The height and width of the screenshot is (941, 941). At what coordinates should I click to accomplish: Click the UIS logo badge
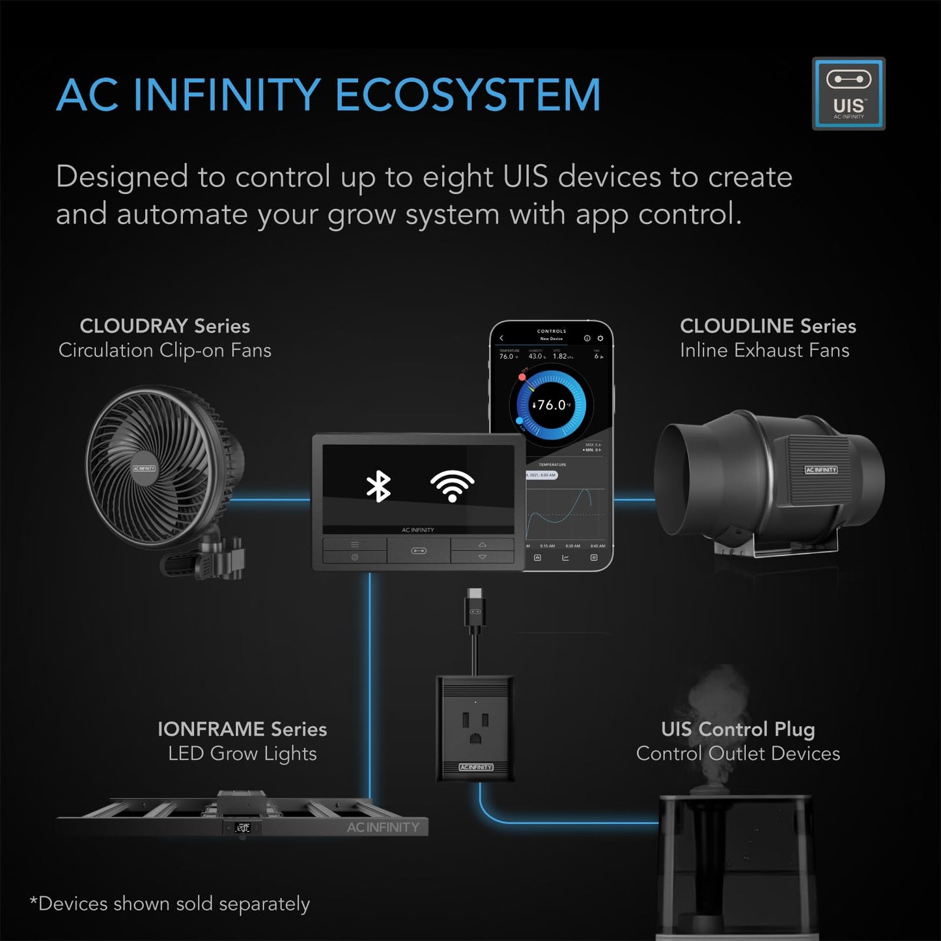[849, 93]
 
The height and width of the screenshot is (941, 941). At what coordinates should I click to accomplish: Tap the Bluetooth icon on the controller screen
[378, 486]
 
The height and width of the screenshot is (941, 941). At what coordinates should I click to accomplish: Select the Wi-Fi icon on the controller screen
[452, 486]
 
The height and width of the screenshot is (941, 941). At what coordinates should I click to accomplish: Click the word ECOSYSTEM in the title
[468, 96]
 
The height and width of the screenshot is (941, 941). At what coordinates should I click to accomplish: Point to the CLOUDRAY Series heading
[165, 326]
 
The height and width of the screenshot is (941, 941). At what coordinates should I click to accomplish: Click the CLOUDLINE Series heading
[768, 326]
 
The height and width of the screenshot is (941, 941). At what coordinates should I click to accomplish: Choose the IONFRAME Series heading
[242, 729]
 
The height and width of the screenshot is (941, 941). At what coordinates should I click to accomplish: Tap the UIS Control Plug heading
[738, 729]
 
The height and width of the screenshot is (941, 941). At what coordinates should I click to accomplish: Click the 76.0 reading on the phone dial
[552, 405]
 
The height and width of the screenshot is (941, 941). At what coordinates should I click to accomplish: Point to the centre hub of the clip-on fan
[144, 468]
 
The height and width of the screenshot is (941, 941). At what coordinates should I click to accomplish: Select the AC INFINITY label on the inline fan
[821, 470]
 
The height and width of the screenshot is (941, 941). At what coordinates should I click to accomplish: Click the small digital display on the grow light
[242, 828]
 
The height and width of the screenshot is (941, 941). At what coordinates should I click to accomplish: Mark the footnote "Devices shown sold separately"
[170, 904]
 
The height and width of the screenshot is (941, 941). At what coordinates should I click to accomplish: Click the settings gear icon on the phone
[600, 339]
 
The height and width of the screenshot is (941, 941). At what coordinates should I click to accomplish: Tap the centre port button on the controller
[419, 551]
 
